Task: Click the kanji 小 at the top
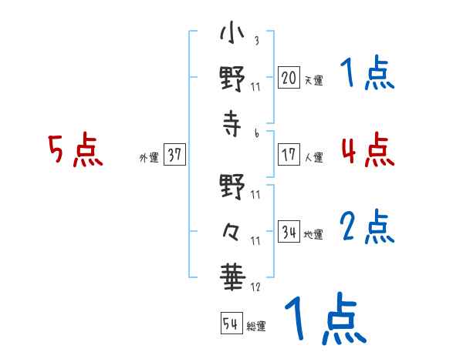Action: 232,32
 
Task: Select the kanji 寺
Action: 232,123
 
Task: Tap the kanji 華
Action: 233,277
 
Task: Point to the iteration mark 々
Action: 231,232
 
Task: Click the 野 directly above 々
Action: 232,186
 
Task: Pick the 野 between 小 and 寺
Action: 232,79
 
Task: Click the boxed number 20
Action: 289,77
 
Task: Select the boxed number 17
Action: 289,154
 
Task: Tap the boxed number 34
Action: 289,231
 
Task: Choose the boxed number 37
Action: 174,154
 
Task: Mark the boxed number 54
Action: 231,323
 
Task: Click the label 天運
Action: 314,80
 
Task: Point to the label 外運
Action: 149,158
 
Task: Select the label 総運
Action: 256,327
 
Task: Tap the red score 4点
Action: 367,149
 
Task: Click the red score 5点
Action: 76,149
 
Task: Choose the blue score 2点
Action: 367,226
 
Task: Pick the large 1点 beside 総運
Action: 326,318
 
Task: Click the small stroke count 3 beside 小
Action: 257,40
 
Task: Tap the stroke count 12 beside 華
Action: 255,287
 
